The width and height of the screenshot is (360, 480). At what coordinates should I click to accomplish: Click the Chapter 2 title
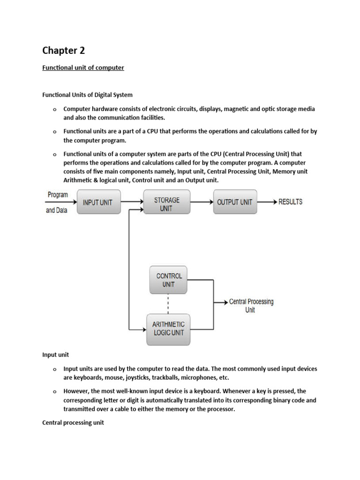64,50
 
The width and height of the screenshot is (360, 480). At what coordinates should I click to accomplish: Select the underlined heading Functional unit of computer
83,67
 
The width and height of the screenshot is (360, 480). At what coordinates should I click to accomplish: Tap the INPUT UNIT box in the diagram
98,202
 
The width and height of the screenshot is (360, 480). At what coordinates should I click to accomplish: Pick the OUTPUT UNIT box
235,202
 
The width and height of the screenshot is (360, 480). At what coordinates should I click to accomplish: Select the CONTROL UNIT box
169,280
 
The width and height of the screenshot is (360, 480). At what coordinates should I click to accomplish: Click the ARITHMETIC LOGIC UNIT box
168,328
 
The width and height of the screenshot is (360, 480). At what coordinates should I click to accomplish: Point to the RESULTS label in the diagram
291,202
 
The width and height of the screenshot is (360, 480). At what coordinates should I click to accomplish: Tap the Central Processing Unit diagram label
251,306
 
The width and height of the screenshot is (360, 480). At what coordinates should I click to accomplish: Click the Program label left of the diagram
58,194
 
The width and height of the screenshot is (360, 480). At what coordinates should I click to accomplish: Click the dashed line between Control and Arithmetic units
168,304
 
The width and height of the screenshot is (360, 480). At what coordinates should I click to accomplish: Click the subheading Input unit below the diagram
55,355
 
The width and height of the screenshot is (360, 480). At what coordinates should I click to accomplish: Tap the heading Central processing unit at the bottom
73,422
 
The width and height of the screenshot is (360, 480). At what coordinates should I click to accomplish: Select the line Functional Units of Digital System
87,95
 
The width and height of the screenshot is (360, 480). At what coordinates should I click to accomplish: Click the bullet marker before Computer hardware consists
54,110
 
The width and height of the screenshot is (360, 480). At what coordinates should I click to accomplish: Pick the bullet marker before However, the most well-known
54,391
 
